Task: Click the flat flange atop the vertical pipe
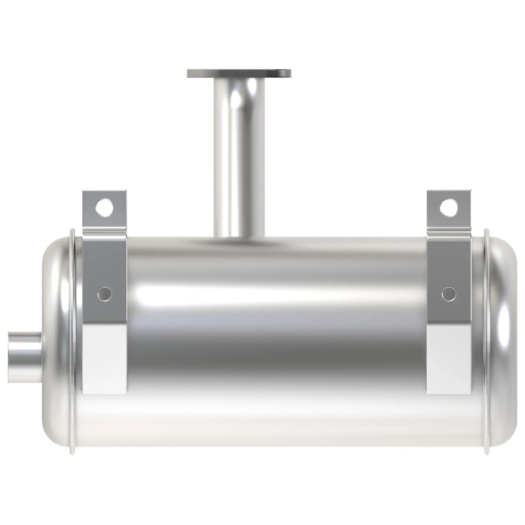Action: (239, 73)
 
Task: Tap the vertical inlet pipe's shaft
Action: (239, 152)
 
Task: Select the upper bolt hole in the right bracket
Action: (449, 208)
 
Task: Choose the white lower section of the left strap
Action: (104, 359)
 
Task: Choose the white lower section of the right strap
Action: (449, 359)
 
